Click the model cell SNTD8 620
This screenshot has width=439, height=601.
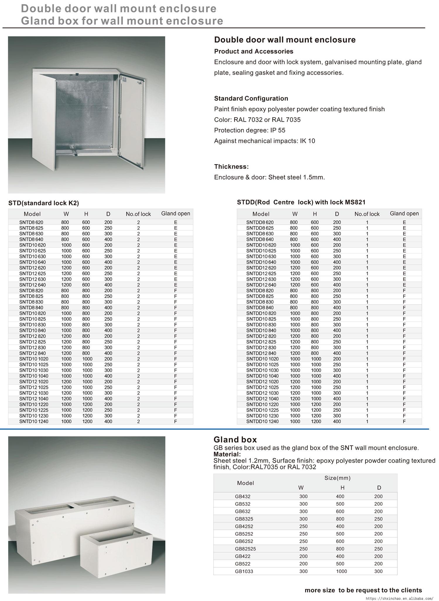pyautogui.click(x=31, y=222)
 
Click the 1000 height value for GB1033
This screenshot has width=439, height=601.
pyautogui.click(x=341, y=571)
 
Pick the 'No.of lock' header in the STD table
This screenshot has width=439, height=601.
pyautogui.click(x=138, y=214)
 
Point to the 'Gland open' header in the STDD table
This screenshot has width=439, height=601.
pyautogui.click(x=404, y=214)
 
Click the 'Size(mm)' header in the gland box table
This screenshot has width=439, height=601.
pyautogui.click(x=337, y=478)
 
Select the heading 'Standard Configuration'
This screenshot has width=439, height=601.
pyautogui.click(x=251, y=99)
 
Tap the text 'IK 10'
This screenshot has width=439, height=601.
pyautogui.click(x=307, y=141)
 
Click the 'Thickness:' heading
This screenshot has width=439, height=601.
pyautogui.click(x=231, y=167)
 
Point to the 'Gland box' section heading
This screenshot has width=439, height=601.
pyautogui.click(x=235, y=440)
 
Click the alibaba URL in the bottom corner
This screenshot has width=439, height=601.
pyautogui.click(x=399, y=598)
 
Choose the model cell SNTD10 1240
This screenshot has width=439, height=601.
pyautogui.click(x=34, y=422)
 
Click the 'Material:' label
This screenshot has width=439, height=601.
pyautogui.click(x=227, y=454)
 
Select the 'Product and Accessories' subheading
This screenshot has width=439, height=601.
pyautogui.click(x=253, y=51)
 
